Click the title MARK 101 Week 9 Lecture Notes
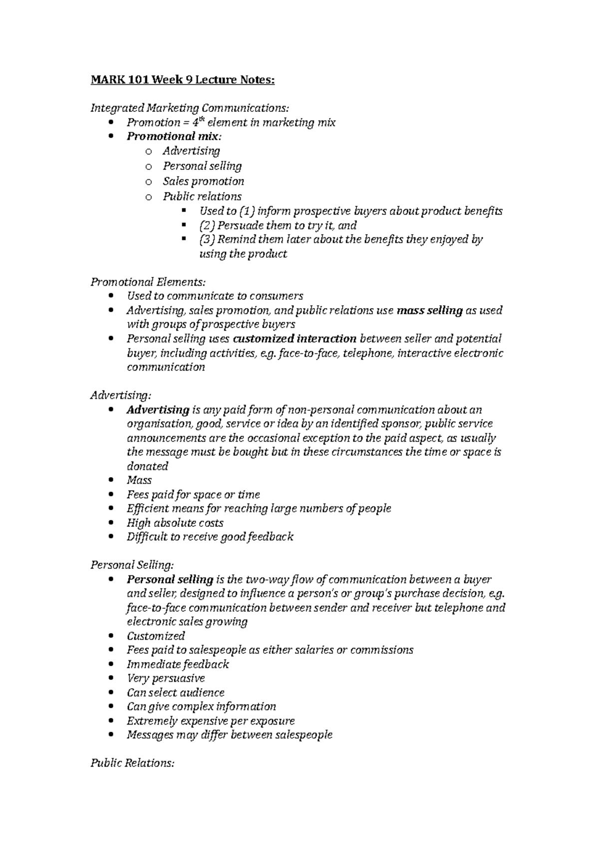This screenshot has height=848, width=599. pos(182,79)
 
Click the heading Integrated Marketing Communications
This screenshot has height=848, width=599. pos(189,108)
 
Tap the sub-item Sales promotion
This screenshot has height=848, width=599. pos(203,181)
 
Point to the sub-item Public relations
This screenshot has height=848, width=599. pos(202,196)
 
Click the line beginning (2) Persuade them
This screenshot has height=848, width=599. pos(278,225)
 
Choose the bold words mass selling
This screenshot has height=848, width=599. pos(429,311)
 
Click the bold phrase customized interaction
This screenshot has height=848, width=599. pos(295,339)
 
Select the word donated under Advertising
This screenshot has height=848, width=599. pos(147,466)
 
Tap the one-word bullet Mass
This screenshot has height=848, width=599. pos(139,480)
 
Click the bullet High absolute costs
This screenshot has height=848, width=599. pos(175,523)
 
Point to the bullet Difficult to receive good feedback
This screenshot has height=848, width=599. pos(210,537)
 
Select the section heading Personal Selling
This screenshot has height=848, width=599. pos(132,565)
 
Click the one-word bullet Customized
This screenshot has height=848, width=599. pos(156,636)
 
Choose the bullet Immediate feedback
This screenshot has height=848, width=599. pos(177,664)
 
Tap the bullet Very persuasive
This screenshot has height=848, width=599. pos(166,678)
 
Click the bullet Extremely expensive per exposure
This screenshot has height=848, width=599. pos(210,721)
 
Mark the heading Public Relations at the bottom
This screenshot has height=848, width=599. pos(132,763)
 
